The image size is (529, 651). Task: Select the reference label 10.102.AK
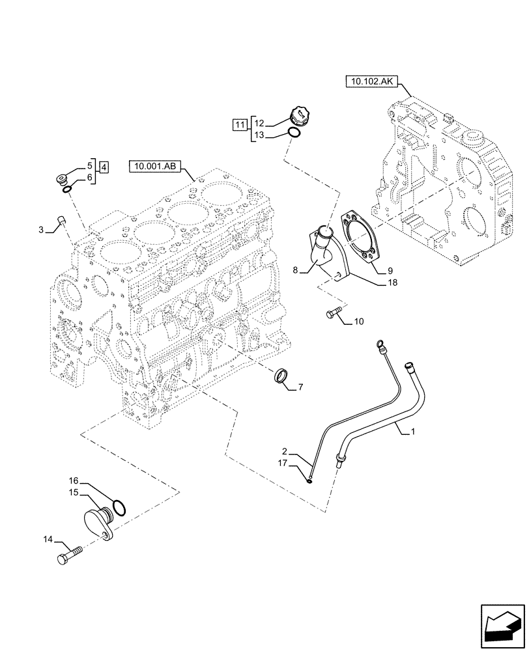point(371,82)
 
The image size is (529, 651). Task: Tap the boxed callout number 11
point(240,124)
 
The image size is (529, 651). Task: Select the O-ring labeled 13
point(294,134)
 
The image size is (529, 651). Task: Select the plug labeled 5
point(61,178)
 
